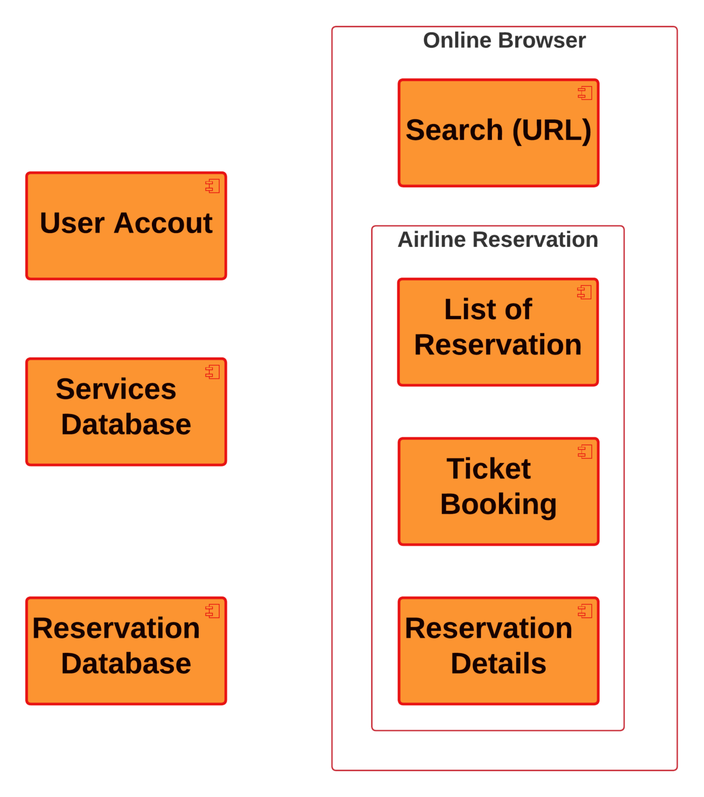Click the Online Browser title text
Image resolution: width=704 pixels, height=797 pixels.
(504, 40)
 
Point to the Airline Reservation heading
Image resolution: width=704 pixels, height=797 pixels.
(498, 240)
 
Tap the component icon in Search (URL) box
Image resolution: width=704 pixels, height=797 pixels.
(585, 93)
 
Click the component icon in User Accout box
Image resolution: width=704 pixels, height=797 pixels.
(213, 186)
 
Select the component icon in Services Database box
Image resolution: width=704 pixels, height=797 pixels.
(213, 372)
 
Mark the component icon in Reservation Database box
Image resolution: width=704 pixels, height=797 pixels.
(213, 611)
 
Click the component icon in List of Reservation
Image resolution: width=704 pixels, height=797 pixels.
(585, 292)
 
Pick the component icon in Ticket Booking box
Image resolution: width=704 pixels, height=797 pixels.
(585, 451)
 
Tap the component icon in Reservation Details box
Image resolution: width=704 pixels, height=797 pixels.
(585, 611)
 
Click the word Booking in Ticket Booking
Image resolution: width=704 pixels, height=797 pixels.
(498, 504)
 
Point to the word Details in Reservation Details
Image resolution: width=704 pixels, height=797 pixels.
(498, 664)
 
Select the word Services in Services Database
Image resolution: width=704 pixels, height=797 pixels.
(116, 389)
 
